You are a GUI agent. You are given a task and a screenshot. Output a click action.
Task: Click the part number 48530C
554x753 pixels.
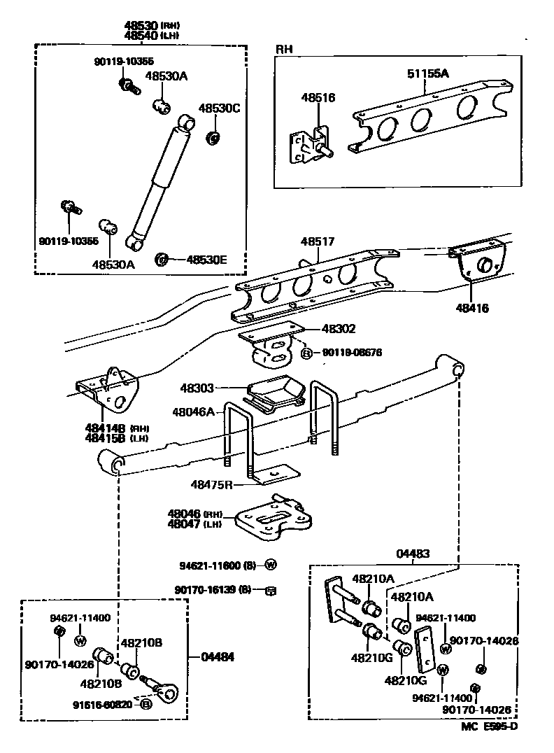click(x=219, y=108)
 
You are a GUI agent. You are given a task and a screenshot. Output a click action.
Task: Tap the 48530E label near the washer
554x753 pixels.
click(x=206, y=260)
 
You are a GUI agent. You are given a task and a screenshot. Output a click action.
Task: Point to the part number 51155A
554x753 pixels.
click(x=427, y=73)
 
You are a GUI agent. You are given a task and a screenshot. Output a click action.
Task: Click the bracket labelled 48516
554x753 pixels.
click(x=311, y=146)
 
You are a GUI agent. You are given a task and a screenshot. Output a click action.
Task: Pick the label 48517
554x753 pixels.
click(x=318, y=241)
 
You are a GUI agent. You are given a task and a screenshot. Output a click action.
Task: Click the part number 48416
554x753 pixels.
click(x=472, y=307)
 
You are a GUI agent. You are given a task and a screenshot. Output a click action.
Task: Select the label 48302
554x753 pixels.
click(x=339, y=328)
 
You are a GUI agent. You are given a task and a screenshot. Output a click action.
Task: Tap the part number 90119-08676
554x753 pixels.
click(x=352, y=353)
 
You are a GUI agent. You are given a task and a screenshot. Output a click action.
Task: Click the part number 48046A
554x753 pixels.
click(x=194, y=411)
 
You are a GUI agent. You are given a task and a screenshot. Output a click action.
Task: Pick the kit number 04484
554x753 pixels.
click(x=218, y=657)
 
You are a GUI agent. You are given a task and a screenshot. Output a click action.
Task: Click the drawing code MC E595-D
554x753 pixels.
click(x=489, y=728)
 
